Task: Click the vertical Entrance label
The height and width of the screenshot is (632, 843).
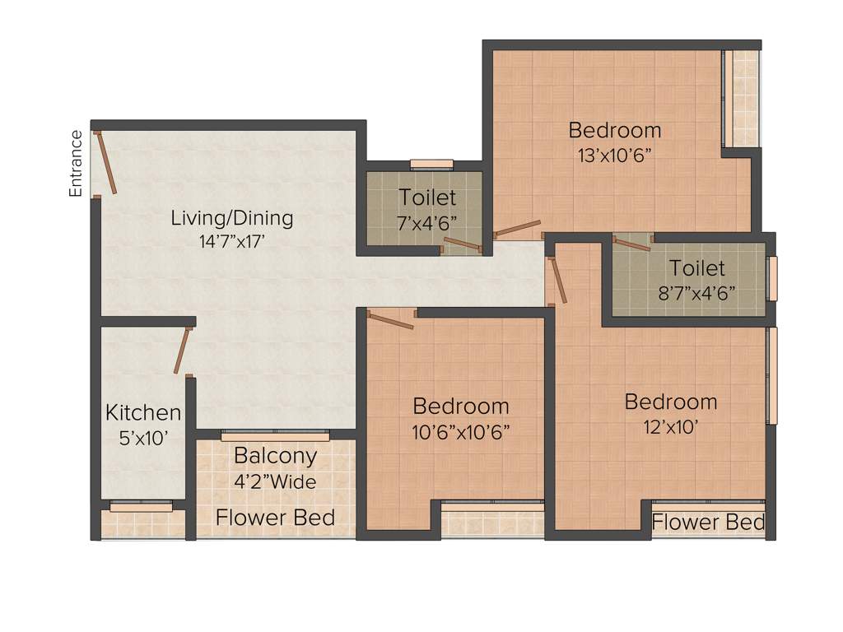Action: click(x=76, y=163)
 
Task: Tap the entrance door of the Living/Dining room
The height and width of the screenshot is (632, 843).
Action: click(x=105, y=162)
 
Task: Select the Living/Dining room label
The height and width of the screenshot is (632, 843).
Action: click(x=231, y=218)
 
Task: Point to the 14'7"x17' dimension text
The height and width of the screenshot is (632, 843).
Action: click(x=231, y=243)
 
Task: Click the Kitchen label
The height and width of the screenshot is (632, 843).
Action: click(x=143, y=412)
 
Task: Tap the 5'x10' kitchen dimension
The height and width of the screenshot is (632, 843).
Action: click(x=143, y=438)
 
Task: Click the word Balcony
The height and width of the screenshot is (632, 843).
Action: click(x=275, y=455)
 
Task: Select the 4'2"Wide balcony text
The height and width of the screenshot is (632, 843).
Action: click(x=275, y=481)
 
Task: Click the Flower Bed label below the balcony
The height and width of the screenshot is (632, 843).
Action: click(x=275, y=518)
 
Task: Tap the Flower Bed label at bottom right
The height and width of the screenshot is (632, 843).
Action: click(x=708, y=522)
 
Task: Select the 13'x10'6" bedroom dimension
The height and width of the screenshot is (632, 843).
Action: click(x=614, y=155)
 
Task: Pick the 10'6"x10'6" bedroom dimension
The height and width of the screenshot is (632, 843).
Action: click(x=460, y=431)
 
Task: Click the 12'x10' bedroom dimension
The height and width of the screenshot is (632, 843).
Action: click(x=670, y=427)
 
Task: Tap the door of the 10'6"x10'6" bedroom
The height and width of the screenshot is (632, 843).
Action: click(x=390, y=318)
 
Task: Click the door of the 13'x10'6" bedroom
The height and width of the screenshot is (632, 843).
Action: click(x=517, y=229)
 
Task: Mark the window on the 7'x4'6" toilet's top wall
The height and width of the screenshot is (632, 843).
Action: click(x=431, y=164)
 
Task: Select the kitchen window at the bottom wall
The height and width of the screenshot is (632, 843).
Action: click(x=141, y=507)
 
